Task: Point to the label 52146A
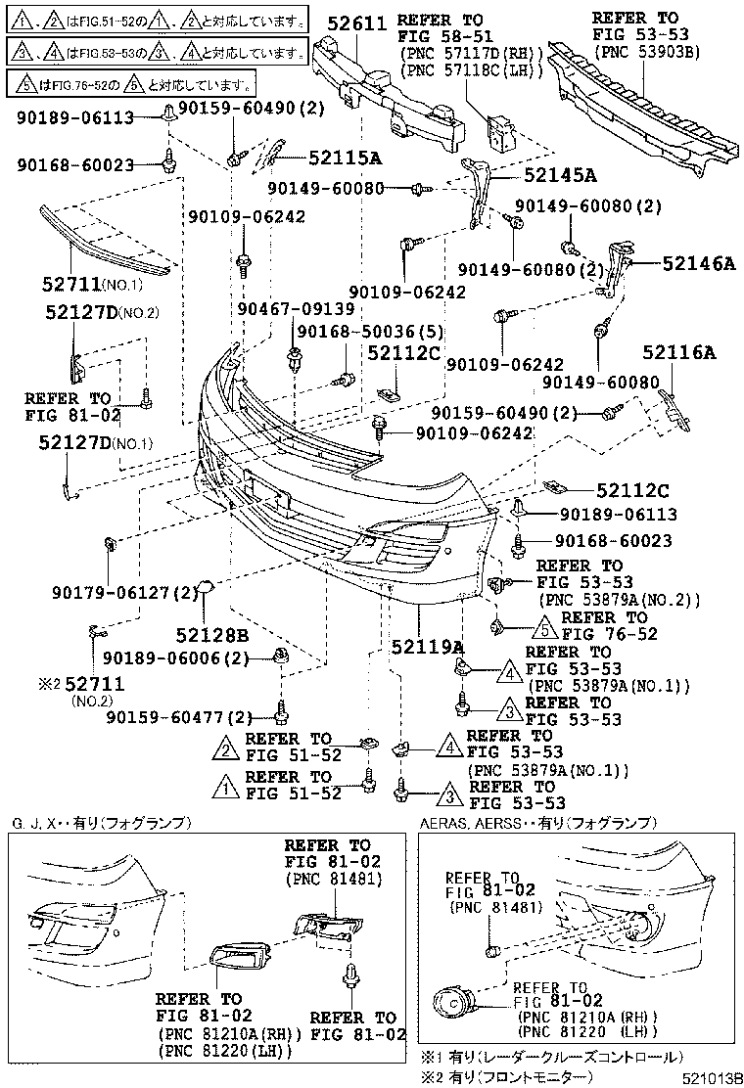[x=698, y=263]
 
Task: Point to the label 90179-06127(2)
[x=125, y=592]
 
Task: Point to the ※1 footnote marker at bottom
[x=429, y=1058]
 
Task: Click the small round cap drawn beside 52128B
[x=208, y=588]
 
